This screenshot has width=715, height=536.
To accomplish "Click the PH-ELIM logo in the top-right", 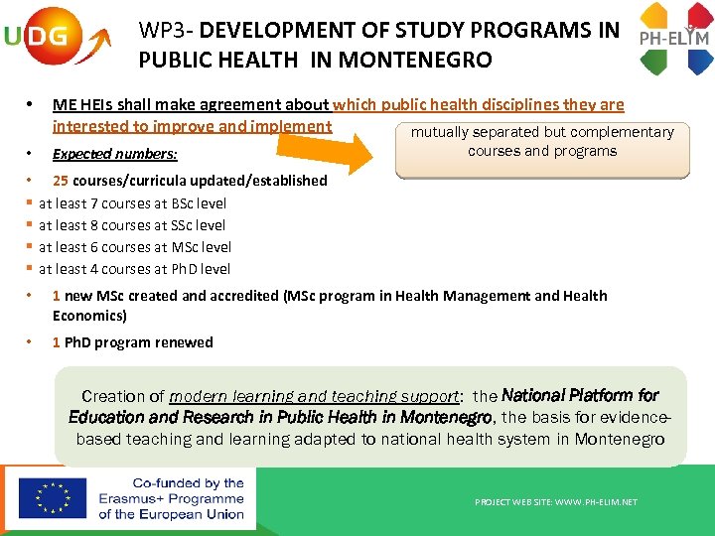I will click(x=674, y=39).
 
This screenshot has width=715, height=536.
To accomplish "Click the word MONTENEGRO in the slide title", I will click(x=415, y=60).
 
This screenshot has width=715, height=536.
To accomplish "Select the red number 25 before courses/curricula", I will click(x=61, y=181).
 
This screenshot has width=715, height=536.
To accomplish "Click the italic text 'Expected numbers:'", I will click(x=115, y=154).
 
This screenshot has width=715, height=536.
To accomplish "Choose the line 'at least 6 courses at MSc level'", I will click(x=134, y=247).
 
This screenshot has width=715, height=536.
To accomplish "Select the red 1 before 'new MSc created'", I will click(x=57, y=296).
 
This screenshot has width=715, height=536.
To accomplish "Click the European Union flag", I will click(x=53, y=498).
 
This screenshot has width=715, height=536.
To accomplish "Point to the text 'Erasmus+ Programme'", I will click(x=171, y=498).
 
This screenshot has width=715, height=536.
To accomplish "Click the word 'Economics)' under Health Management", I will click(x=89, y=316).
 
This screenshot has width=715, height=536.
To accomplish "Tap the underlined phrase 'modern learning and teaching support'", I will click(x=316, y=396).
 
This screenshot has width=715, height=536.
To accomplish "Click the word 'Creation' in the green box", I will click(x=113, y=396).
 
